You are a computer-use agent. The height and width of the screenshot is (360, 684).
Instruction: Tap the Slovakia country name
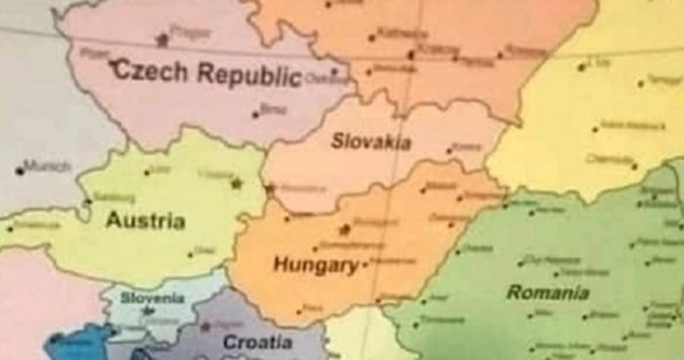pos(371,141)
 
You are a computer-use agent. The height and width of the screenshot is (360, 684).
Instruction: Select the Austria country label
pos(145,221)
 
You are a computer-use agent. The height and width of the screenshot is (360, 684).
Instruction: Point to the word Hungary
pos(315,265)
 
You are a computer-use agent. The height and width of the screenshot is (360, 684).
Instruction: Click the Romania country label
pos(548,292)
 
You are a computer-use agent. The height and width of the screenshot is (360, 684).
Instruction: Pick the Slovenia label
pos(152,298)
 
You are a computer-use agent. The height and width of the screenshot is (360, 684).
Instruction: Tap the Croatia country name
pos(257,342)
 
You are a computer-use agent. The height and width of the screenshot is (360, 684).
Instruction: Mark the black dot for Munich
pos(20,170)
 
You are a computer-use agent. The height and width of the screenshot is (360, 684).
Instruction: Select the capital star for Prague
pos(162,39)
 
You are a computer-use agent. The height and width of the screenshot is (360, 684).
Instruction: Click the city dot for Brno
pos(255,112)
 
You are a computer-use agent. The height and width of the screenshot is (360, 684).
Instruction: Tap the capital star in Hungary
pos(345,228)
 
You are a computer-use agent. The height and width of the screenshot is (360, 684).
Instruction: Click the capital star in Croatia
pos(204,326)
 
